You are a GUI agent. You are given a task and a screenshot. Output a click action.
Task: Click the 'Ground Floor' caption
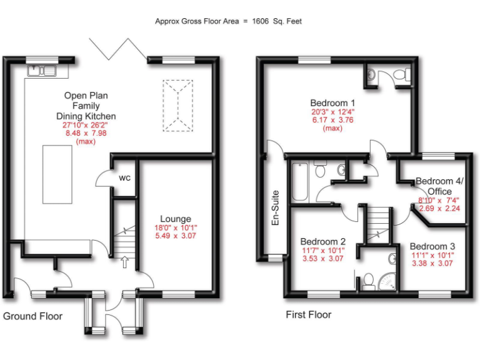pyautogui.click(x=33, y=316)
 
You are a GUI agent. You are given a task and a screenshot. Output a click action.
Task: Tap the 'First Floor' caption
pyautogui.click(x=309, y=314)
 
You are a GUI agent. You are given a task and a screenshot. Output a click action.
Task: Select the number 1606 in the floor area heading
pyautogui.click(x=261, y=21)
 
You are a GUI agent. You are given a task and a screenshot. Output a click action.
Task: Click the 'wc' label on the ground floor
pyautogui.click(x=125, y=178)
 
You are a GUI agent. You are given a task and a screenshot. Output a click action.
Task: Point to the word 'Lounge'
pyautogui.click(x=176, y=219)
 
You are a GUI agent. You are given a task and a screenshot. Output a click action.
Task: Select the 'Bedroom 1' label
pyautogui.click(x=332, y=103)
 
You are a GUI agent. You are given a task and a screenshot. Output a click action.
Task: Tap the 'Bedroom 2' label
pyautogui.click(x=322, y=242)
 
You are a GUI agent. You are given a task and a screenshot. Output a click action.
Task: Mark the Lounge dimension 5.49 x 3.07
pyautogui.click(x=176, y=236)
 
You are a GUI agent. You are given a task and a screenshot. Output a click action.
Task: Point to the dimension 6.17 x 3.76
pyautogui.click(x=332, y=120)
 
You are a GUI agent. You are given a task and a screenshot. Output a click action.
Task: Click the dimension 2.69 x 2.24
pyautogui.click(x=439, y=209)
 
